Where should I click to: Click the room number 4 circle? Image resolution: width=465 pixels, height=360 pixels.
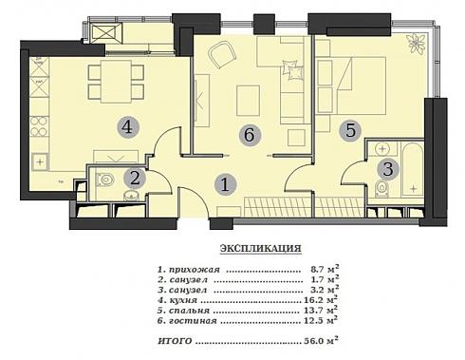(127, 127)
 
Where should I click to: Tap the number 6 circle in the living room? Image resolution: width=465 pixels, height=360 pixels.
(250, 135)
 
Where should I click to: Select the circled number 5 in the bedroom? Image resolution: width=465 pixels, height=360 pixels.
(350, 130)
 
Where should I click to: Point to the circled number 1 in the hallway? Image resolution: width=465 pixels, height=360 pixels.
(225, 184)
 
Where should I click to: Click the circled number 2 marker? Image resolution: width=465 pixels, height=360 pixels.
(135, 179)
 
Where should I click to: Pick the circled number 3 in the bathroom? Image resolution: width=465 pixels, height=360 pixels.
(388, 169)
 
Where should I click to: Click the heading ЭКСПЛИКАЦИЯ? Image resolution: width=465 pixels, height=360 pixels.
(261, 248)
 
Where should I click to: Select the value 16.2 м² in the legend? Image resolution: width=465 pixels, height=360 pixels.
(321, 299)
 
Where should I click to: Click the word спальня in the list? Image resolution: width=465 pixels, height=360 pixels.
(189, 311)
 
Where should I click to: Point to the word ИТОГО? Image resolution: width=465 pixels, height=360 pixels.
(175, 341)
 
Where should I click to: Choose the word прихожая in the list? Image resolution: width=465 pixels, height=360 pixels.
(194, 270)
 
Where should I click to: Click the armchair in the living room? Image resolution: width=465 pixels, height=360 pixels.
(222, 55)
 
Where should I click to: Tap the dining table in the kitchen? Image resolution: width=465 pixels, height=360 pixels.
(116, 82)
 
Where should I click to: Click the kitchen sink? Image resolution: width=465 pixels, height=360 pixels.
(40, 162)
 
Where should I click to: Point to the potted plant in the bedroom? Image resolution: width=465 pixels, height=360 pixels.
(417, 44)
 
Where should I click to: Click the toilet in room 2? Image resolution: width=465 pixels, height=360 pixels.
(104, 180)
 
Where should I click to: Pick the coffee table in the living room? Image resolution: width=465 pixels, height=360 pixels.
(249, 101)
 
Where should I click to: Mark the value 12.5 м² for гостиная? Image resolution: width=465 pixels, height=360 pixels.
(321, 320)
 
